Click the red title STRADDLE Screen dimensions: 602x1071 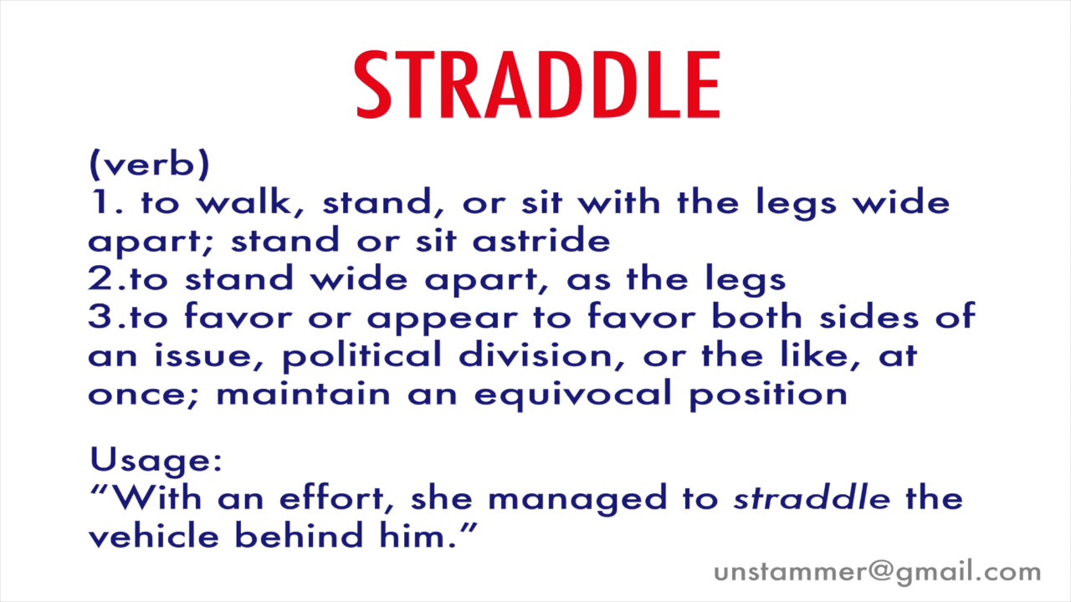pyautogui.click(x=536, y=85)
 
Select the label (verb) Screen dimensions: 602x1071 pyautogui.click(x=149, y=165)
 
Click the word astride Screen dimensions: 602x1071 pyautogui.click(x=541, y=241)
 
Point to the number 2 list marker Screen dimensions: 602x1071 pyautogui.click(x=98, y=279)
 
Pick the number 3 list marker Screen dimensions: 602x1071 pyautogui.click(x=98, y=318)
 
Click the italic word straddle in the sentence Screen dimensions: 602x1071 pyautogui.click(x=811, y=499)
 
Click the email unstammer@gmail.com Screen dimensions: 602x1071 pyautogui.click(x=877, y=573)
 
